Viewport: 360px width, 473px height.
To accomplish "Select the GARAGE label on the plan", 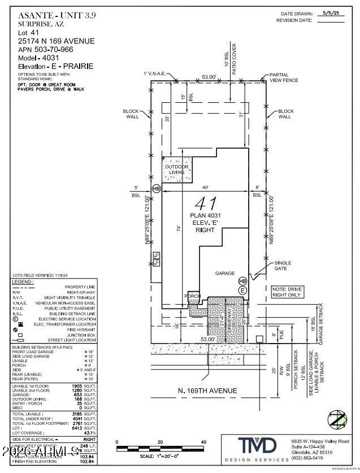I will tap(224, 273).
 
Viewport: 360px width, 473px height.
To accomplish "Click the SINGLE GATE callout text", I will tap(283, 266).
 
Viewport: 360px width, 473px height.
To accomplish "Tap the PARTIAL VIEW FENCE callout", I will tap(283, 77).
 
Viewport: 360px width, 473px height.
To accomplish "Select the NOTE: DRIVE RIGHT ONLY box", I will tap(288, 292).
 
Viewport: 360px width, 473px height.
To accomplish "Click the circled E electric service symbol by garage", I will tap(242, 290).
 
